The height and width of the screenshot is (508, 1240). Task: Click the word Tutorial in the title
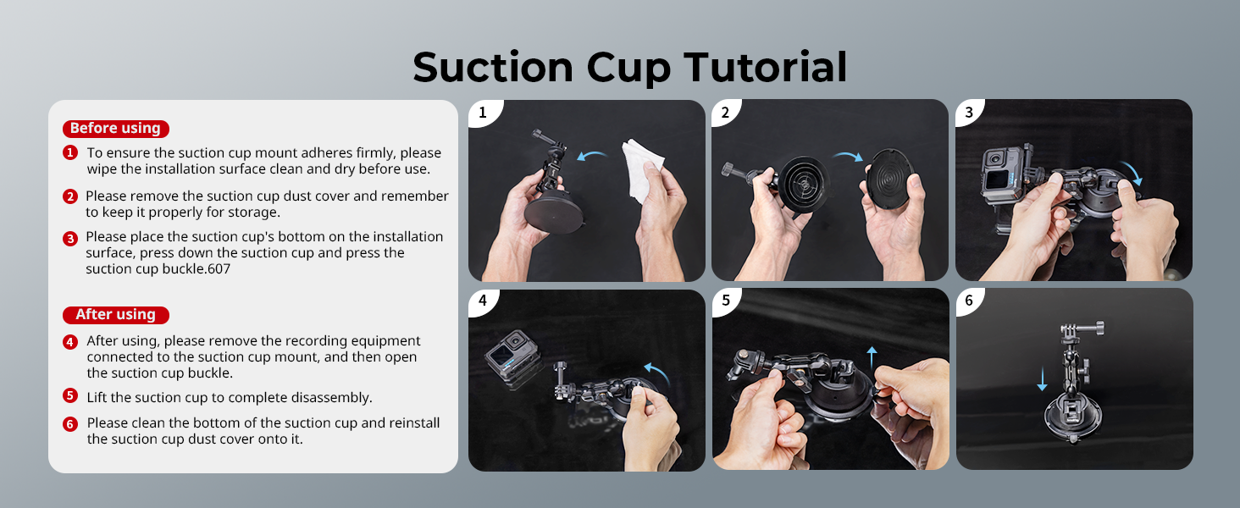click(x=766, y=67)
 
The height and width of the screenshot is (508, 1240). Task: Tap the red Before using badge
click(x=116, y=129)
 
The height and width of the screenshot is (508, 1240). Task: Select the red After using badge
click(x=116, y=315)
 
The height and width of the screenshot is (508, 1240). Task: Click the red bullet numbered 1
click(x=70, y=152)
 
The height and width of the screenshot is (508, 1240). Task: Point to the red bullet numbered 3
click(x=70, y=239)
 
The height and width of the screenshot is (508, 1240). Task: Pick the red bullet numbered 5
click(x=70, y=395)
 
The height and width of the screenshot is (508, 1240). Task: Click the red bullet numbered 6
click(x=70, y=424)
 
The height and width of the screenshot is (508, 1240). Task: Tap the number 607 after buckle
click(x=219, y=269)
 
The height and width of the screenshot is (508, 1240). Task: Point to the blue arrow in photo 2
click(x=849, y=156)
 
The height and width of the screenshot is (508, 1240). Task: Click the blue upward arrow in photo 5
click(x=872, y=358)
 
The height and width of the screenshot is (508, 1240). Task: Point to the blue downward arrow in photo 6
click(x=1042, y=378)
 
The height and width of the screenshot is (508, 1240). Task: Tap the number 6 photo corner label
click(x=969, y=301)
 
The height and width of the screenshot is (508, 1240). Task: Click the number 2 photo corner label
click(x=725, y=113)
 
